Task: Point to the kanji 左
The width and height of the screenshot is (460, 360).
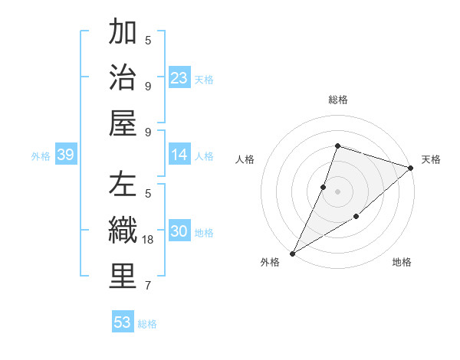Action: pos(123,185)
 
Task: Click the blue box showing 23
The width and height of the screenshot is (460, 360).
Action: pos(179,77)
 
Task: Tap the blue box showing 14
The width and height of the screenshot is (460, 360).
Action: pos(179,155)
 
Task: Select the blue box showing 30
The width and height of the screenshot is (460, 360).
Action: pos(179,232)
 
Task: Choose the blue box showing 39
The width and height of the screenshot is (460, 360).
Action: pos(65,155)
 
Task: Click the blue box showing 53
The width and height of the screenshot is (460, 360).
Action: pos(123,322)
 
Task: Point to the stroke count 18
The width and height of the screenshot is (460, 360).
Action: pos(149,240)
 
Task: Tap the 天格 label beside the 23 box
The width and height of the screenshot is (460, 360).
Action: pos(204,79)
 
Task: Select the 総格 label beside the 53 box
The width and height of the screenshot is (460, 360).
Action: pos(147,324)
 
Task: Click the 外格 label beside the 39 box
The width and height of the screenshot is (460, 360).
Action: pos(41,156)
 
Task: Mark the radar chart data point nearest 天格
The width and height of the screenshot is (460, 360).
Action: pos(411,169)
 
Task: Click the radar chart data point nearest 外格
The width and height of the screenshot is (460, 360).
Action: pos(292,253)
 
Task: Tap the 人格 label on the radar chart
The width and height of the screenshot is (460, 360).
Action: pos(245,159)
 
